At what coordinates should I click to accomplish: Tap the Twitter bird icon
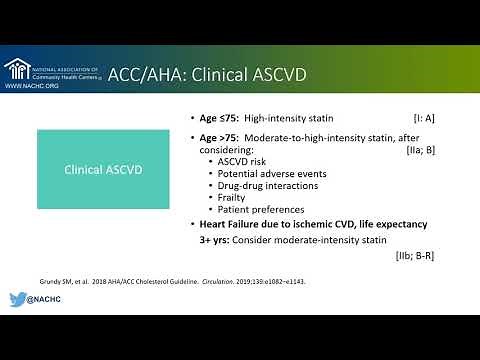coord(18,299)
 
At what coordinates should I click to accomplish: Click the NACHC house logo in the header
coord(17,69)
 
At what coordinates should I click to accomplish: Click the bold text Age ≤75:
coord(218,117)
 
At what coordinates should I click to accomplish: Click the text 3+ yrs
coord(214,240)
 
